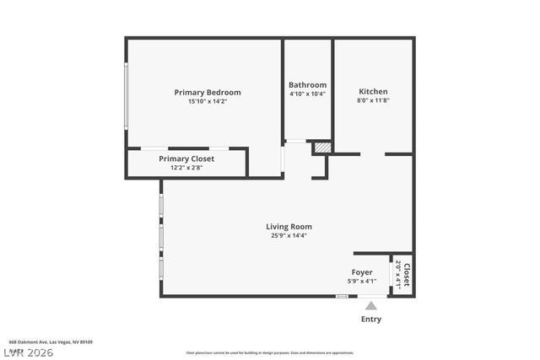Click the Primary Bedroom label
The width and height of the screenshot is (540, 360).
(x=207, y=93)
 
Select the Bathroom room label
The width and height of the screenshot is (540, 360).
(x=307, y=85)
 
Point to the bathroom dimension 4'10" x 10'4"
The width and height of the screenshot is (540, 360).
(x=307, y=94)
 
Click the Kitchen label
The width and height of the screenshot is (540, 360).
(x=373, y=91)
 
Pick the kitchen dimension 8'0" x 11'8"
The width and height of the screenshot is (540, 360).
(x=373, y=99)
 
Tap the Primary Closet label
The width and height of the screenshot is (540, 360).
(x=186, y=159)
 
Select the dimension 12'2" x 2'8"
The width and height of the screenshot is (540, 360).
(x=186, y=167)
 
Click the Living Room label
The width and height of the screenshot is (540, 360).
(x=289, y=226)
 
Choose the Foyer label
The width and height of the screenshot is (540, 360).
(x=362, y=272)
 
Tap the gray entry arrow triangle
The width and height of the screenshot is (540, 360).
(x=370, y=305)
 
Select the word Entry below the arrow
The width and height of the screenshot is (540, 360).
(x=370, y=320)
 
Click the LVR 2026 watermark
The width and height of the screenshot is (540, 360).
(x=28, y=352)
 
